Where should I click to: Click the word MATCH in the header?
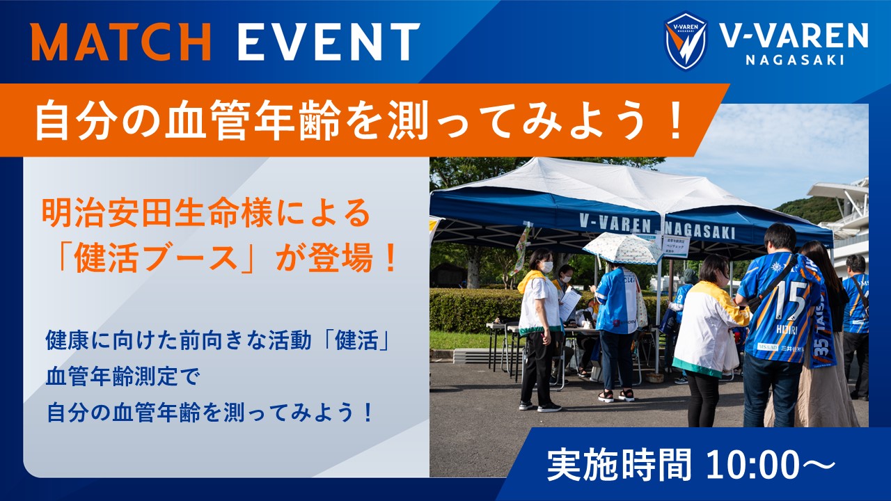[x=121, y=41]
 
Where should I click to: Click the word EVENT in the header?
[x=329, y=41]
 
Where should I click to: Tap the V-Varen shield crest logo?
[x=686, y=41]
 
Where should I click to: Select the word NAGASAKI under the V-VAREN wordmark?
[x=795, y=60]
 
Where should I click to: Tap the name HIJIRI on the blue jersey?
[x=787, y=329]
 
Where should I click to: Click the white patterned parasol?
[x=623, y=248]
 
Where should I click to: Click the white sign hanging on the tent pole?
[x=676, y=246]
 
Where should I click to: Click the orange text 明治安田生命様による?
[x=206, y=214]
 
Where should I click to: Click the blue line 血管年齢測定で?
[x=122, y=376]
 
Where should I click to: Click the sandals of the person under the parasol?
[x=616, y=395]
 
